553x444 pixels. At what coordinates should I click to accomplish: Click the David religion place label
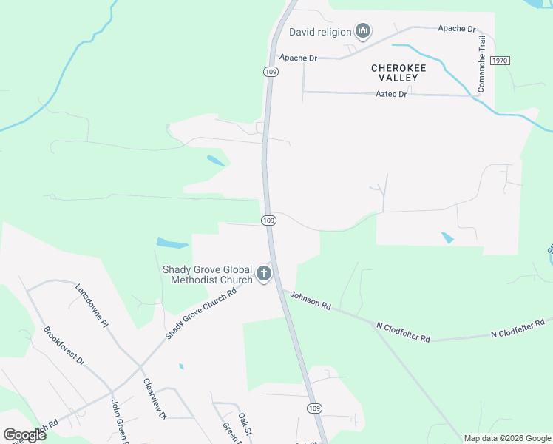click(319, 32)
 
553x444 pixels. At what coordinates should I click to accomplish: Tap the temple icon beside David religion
click(362, 31)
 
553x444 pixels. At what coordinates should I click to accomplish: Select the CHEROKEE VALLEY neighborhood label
click(398, 73)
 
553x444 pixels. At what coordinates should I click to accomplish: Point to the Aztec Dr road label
click(392, 94)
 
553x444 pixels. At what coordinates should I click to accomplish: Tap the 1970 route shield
click(501, 59)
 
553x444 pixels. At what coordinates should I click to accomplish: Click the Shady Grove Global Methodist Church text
click(207, 275)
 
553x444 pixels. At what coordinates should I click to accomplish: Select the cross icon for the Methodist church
click(263, 275)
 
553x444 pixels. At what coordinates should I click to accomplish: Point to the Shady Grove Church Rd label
click(200, 313)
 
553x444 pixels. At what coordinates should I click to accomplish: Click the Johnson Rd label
click(311, 301)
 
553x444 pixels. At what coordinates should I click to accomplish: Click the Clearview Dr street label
click(155, 400)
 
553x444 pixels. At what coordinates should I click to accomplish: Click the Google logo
click(25, 435)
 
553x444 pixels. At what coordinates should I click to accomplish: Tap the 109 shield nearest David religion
click(270, 72)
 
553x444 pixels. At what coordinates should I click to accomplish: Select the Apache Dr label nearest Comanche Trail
click(456, 29)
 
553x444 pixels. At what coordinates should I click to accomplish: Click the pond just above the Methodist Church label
click(172, 243)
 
